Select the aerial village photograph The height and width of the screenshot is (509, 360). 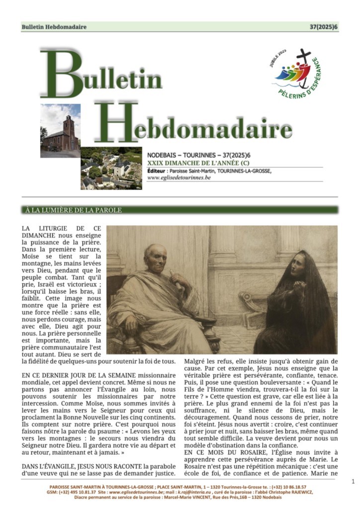111,168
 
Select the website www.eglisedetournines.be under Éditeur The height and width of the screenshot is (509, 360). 179,177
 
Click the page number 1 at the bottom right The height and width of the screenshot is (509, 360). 353,481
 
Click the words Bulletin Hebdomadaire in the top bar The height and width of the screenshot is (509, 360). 54,27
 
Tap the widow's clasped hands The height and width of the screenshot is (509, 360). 300,288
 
